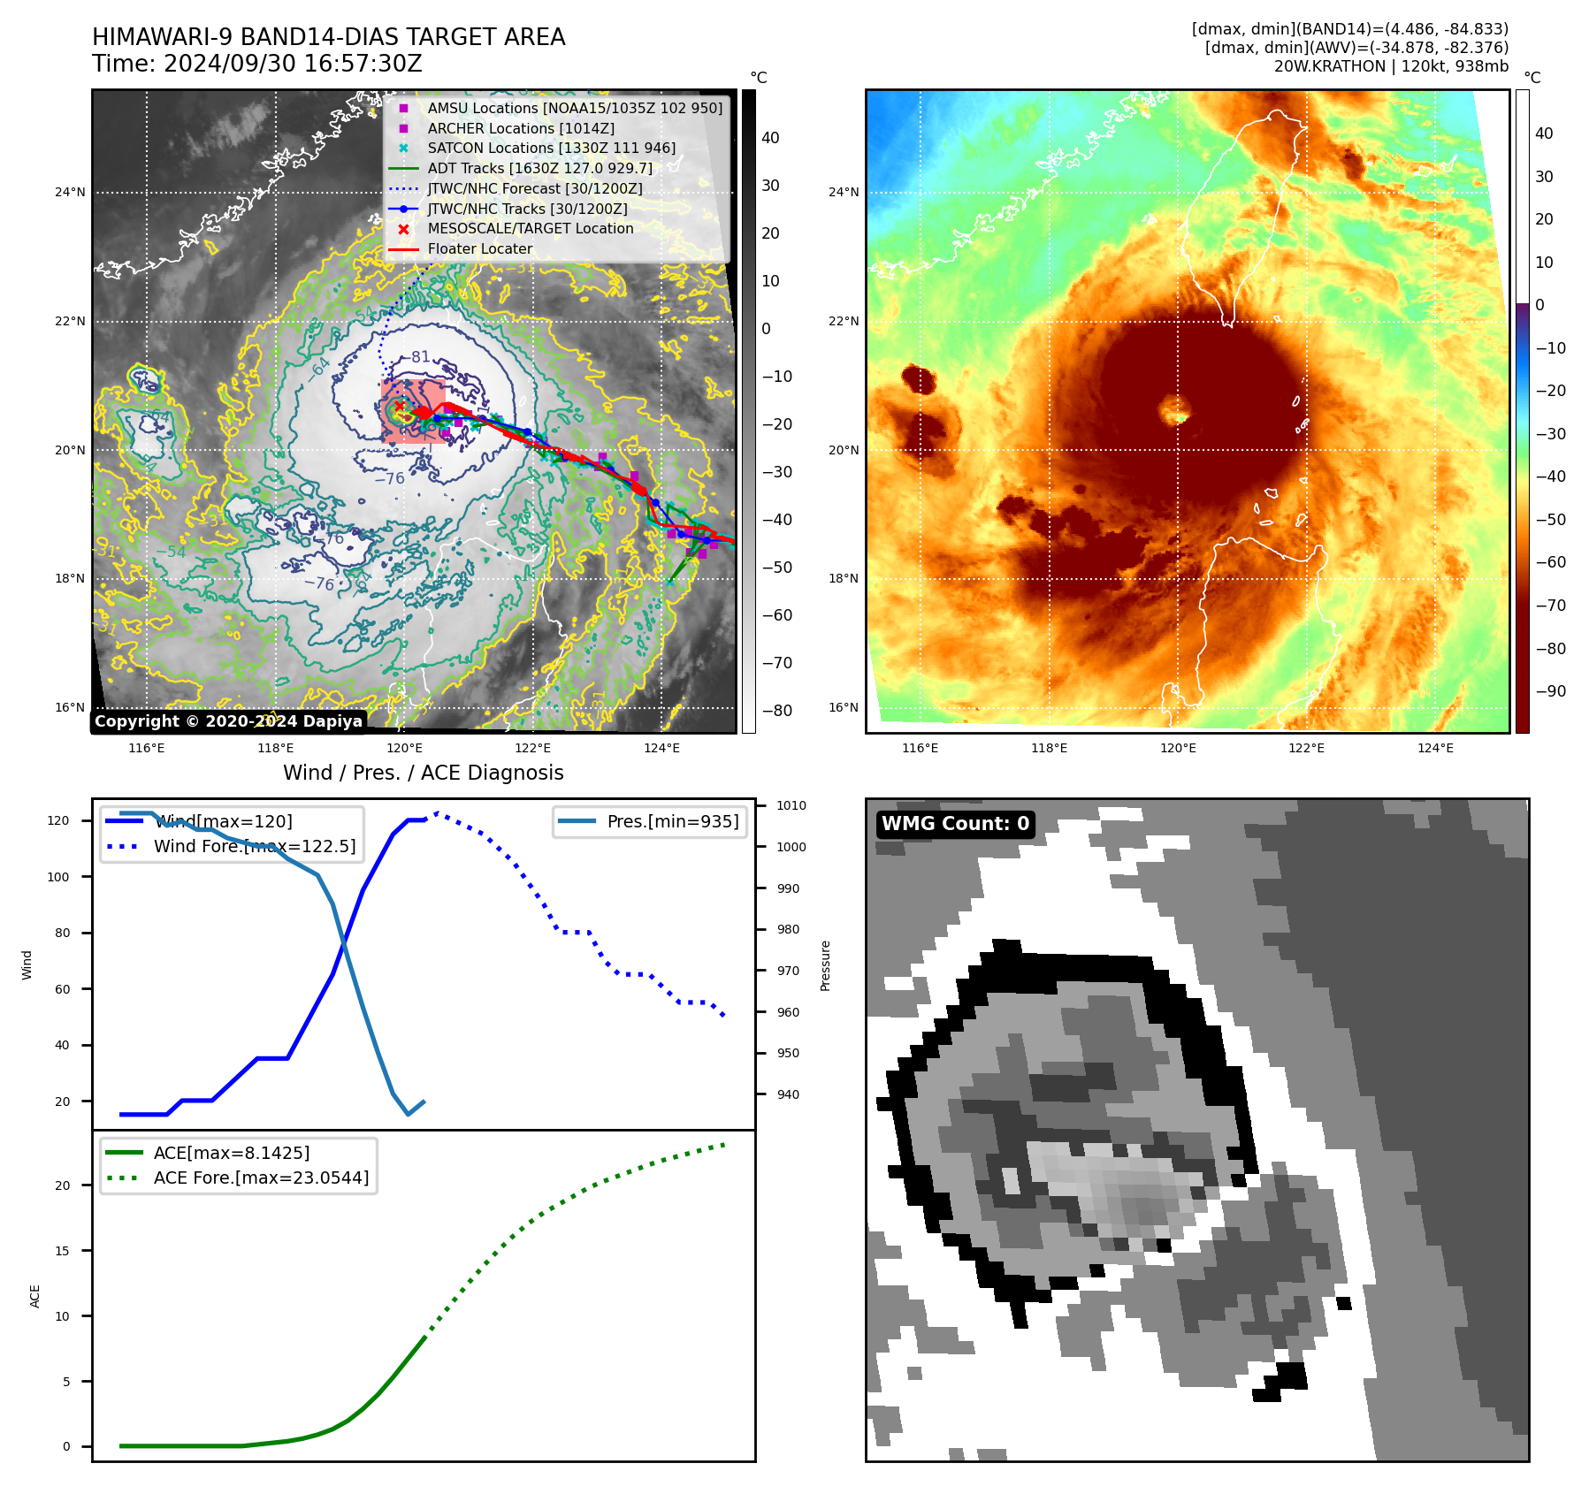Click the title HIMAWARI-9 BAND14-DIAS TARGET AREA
[328, 37]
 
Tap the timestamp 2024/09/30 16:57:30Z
[293, 65]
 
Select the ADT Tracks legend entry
[539, 168]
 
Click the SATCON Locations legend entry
[551, 148]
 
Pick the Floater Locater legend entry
[479, 248]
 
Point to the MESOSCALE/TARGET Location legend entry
[530, 228]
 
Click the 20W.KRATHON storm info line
[1391, 66]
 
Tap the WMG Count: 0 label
[955, 824]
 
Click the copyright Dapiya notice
[228, 721]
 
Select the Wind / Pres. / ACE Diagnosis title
[423, 773]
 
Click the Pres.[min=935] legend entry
[672, 821]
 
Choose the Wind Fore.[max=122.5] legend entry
[254, 846]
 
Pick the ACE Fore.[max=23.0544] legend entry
[261, 1178]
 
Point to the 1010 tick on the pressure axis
[791, 805]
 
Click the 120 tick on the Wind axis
[58, 820]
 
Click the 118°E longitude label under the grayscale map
[275, 748]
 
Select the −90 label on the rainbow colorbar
[1550, 691]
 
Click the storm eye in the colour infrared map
[1176, 410]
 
